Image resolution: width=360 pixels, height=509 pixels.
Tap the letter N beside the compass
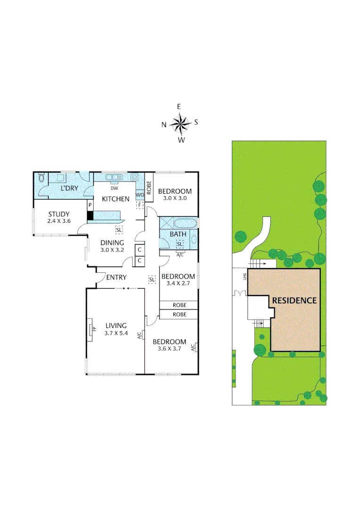point(164,125)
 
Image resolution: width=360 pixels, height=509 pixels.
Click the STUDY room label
point(58,214)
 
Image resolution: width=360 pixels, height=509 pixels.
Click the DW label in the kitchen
point(114,188)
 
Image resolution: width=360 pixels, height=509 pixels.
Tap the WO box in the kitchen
point(139,194)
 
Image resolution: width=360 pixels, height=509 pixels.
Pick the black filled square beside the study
point(90,215)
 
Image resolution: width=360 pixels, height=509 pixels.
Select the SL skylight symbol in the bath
point(180,244)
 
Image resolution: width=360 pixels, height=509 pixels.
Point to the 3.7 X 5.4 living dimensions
point(116,333)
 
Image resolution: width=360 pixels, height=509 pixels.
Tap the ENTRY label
point(116,277)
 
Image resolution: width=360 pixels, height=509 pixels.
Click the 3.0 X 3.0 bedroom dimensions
point(174,198)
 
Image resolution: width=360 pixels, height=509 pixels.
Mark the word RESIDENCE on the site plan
point(294,300)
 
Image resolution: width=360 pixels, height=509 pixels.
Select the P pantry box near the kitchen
point(90,205)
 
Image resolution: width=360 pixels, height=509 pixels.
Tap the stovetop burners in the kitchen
point(135,178)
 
